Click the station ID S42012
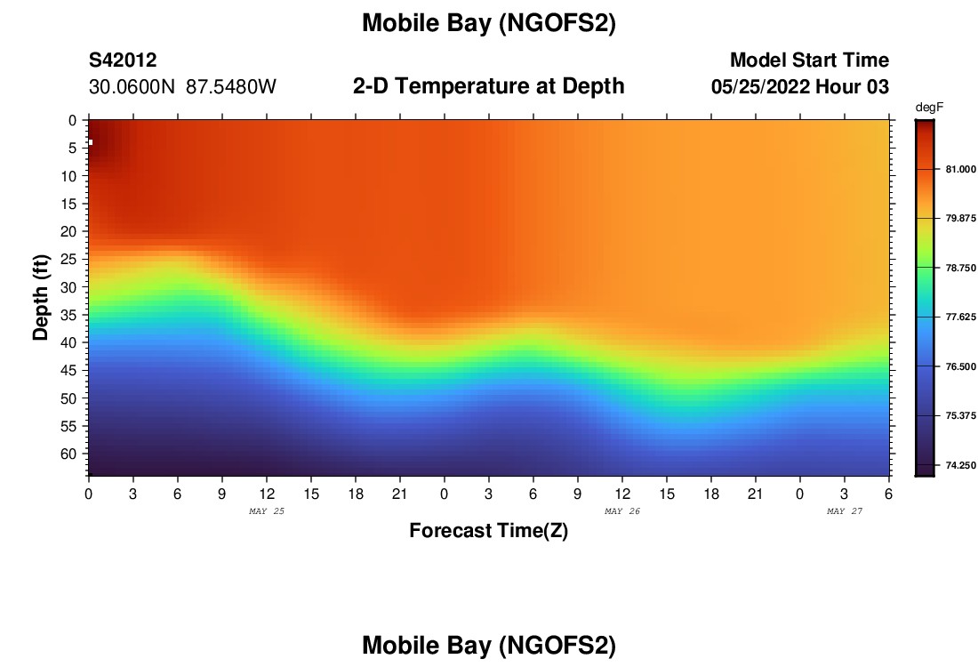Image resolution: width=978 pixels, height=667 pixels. [x=123, y=60]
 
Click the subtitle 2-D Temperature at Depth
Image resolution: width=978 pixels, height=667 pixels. [x=488, y=86]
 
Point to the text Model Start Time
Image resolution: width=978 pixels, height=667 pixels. [x=809, y=60]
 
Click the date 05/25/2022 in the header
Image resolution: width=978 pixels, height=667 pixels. [x=764, y=87]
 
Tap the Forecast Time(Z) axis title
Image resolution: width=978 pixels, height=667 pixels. [x=488, y=531]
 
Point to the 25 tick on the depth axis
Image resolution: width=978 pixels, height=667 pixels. [x=73, y=259]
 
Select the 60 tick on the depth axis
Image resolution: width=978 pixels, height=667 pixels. [x=73, y=454]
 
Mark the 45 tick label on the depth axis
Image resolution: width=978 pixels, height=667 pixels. [x=73, y=370]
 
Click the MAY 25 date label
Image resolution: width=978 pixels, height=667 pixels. [x=267, y=511]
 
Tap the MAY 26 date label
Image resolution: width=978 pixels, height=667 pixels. [x=622, y=511]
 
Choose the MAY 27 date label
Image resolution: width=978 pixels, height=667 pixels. [x=845, y=511]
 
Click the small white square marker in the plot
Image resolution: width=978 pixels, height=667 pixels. [x=91, y=142]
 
